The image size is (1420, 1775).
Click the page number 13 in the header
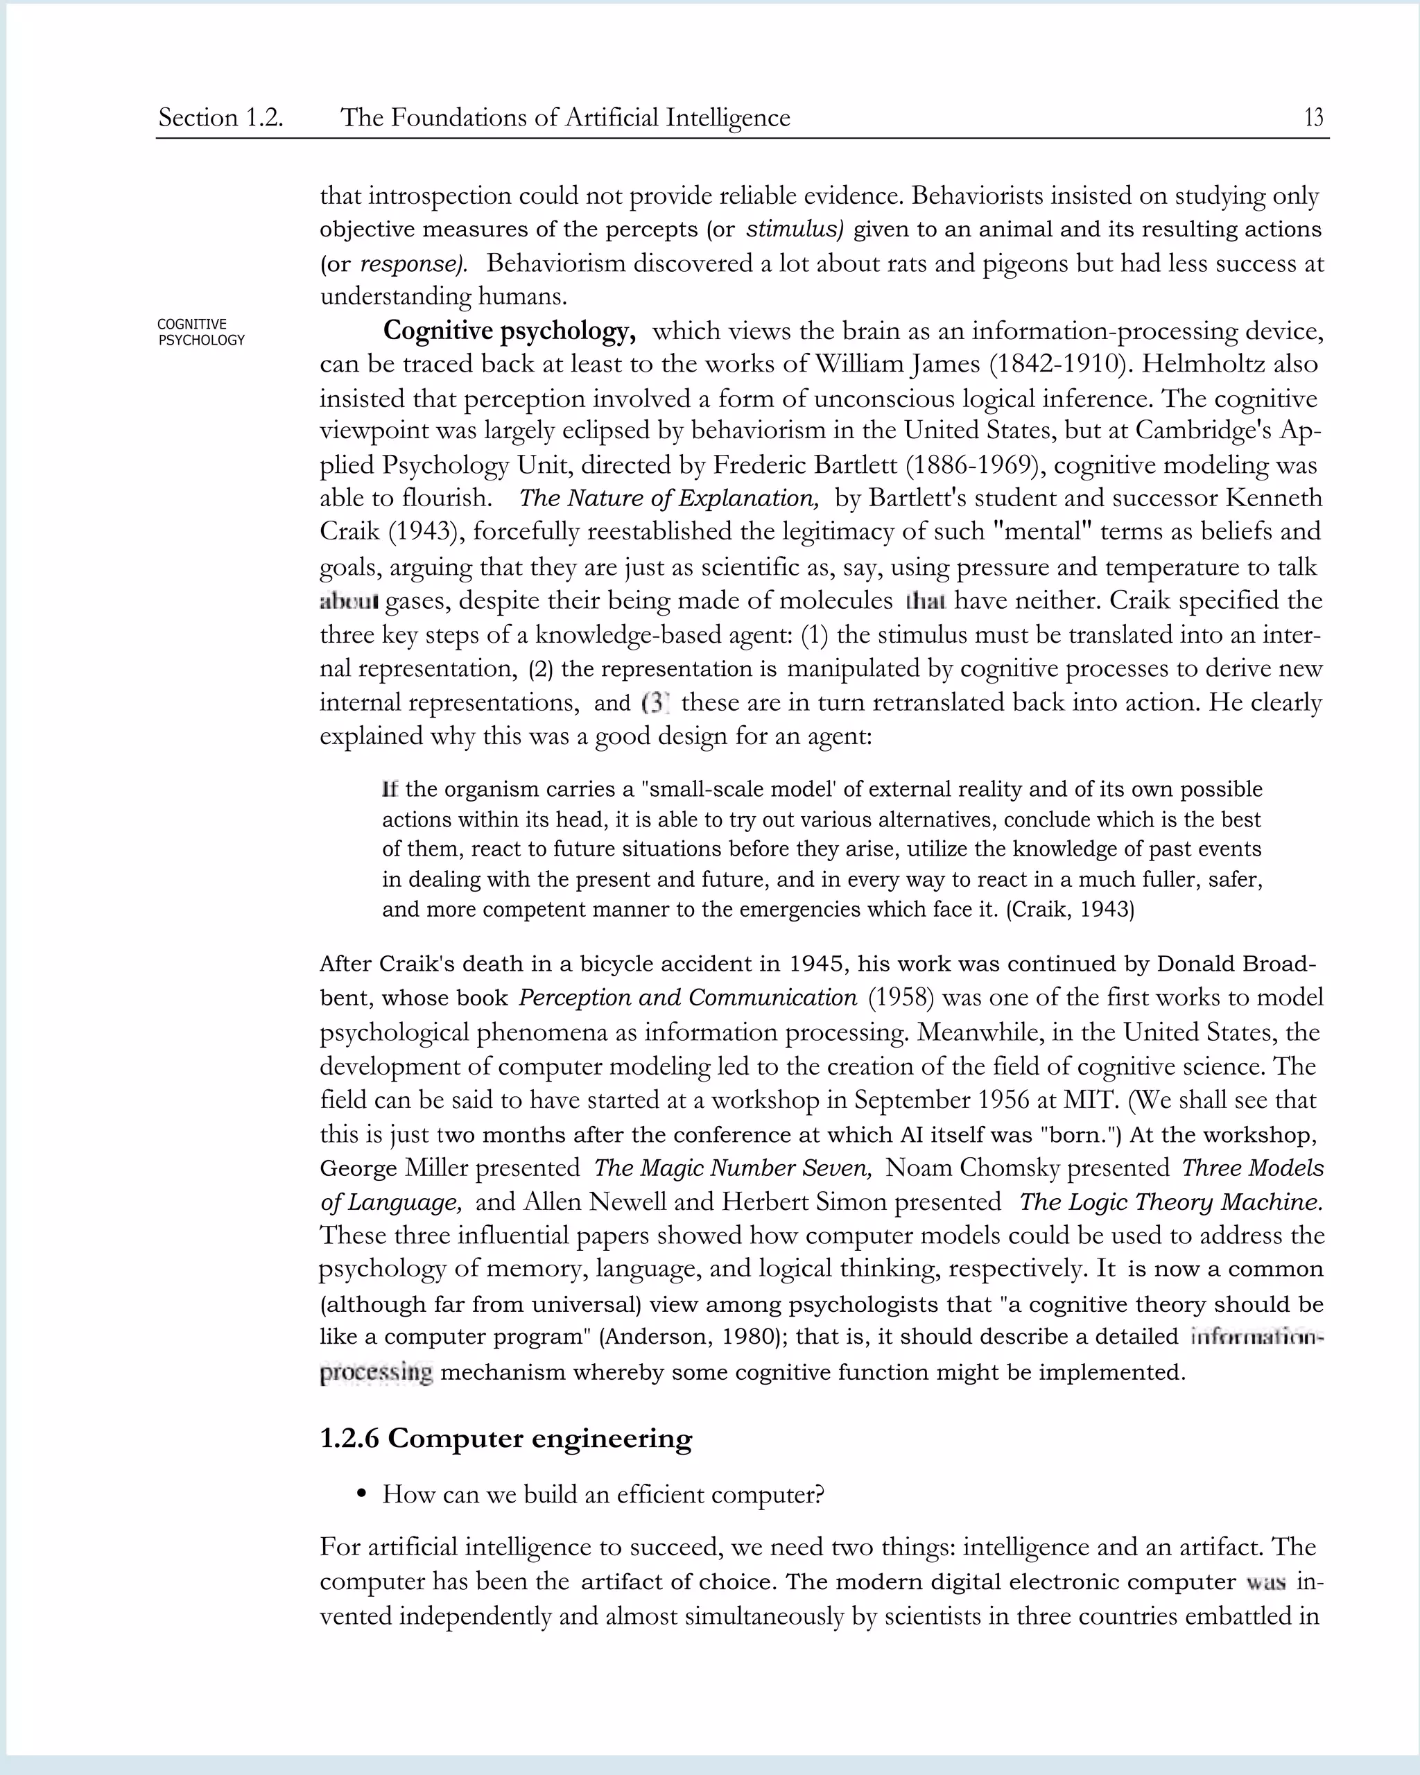1313,118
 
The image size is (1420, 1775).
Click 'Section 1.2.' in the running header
220,118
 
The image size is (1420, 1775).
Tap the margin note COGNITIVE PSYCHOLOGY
201,332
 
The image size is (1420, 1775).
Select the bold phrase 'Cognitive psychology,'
510,331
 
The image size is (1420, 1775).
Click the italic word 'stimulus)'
795,229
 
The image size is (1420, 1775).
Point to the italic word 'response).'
414,263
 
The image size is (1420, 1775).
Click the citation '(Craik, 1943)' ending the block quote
1070,910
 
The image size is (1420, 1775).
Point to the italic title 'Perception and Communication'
687,998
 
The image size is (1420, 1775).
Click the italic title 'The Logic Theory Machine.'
1170,1202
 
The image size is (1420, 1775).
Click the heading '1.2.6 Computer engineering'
505,1438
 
